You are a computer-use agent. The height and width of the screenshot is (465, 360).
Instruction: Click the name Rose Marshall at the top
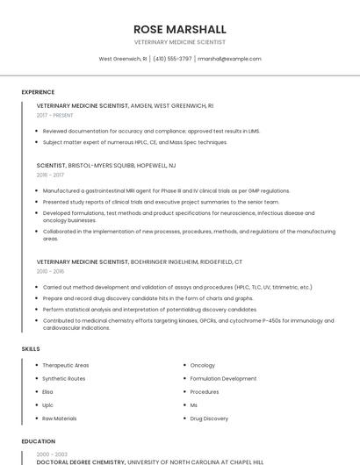pyautogui.click(x=179, y=29)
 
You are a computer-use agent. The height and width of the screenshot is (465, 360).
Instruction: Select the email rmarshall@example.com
pyautogui.click(x=229, y=59)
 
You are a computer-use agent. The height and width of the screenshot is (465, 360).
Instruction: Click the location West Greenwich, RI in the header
pyautogui.click(x=123, y=59)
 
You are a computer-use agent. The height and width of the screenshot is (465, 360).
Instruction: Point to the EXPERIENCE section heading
pyautogui.click(x=38, y=92)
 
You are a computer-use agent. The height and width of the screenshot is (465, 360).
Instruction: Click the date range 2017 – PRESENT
pyautogui.click(x=56, y=115)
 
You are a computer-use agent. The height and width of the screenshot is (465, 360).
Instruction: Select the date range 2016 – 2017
pyautogui.click(x=50, y=175)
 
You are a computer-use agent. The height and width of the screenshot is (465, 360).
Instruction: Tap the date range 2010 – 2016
pyautogui.click(x=50, y=271)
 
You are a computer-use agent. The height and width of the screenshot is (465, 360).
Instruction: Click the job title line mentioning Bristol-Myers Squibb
pyautogui.click(x=105, y=165)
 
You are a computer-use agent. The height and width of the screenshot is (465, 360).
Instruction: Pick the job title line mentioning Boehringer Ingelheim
pyautogui.click(x=139, y=261)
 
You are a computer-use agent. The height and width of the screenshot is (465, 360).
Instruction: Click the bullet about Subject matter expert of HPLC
pyautogui.click(x=134, y=142)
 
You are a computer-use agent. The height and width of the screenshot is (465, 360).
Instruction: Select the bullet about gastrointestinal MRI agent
pyautogui.click(x=166, y=190)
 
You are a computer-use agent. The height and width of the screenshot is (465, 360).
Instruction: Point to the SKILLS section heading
pyautogui.click(x=30, y=349)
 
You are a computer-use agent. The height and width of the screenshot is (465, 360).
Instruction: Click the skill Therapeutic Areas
pyautogui.click(x=66, y=365)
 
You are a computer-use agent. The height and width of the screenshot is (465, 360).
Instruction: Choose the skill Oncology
pyautogui.click(x=202, y=365)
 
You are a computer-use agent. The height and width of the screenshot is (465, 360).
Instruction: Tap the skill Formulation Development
pyautogui.click(x=223, y=379)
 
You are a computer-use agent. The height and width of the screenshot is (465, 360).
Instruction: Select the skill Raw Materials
pyautogui.click(x=60, y=418)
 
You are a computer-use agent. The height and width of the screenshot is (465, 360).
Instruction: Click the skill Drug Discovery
pyautogui.click(x=209, y=418)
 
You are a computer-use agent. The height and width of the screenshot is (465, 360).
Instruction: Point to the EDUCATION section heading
pyautogui.click(x=38, y=441)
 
